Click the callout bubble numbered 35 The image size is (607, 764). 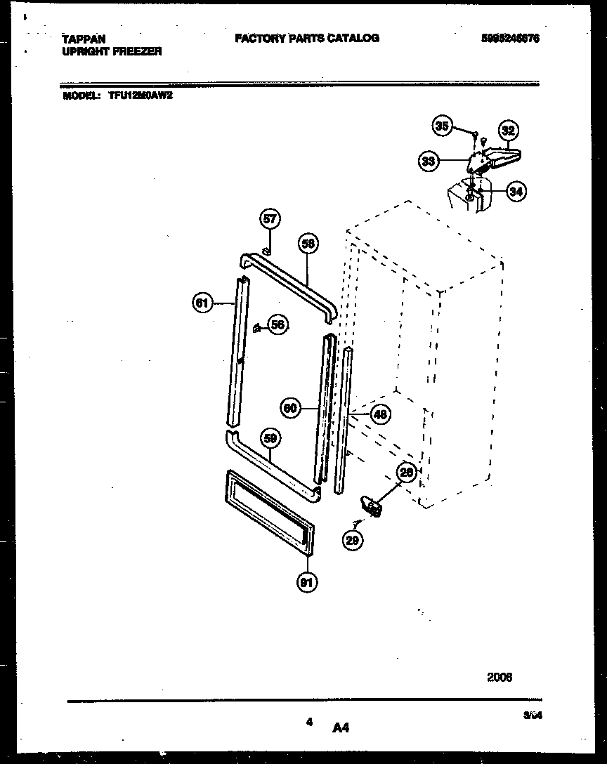442,126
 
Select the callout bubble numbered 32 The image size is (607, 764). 508,130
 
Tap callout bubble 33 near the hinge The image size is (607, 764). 428,162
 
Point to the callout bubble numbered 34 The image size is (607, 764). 516,191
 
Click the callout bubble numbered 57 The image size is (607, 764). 270,219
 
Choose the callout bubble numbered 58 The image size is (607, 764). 308,243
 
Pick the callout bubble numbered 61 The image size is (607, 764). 202,303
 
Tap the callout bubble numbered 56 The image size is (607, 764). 278,324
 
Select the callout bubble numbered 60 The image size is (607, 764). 290,407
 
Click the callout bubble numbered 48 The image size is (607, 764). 379,414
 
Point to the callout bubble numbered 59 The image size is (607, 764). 270,439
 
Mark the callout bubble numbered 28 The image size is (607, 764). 405,473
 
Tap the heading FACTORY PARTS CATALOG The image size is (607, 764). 307,39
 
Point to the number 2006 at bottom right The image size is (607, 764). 500,678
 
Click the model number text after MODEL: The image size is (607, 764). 141,97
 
